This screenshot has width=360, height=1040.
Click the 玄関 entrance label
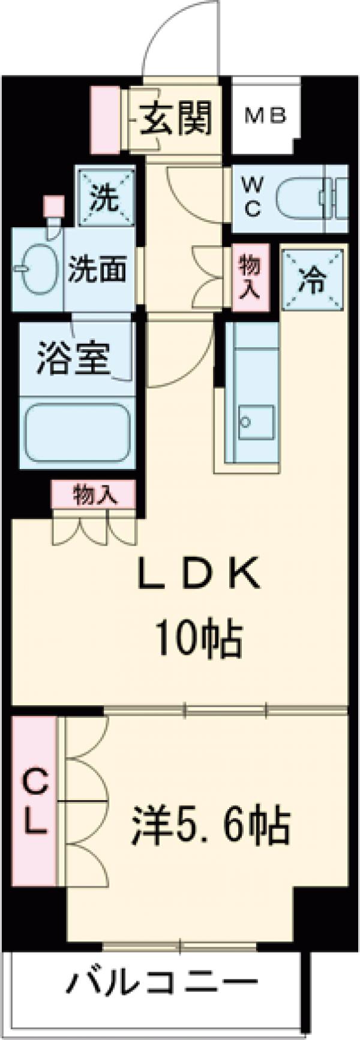pos(177,118)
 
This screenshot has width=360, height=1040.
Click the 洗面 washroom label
pos(97,270)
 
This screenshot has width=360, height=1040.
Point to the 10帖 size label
pos(199,640)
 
